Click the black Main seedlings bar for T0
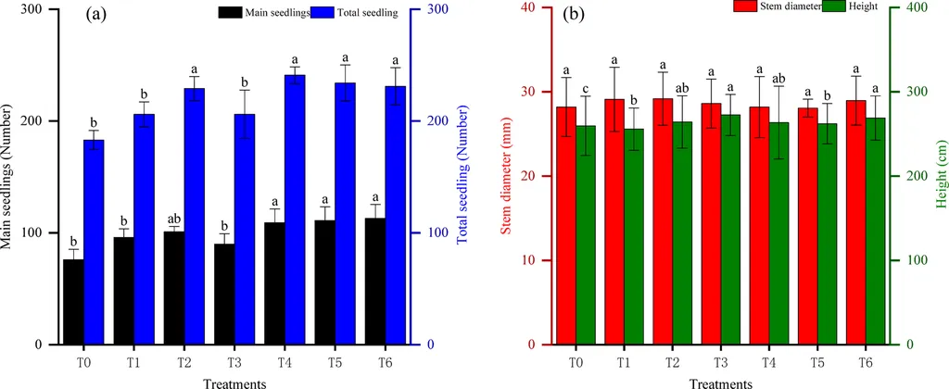tap(73, 301)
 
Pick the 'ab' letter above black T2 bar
tap(174, 219)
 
